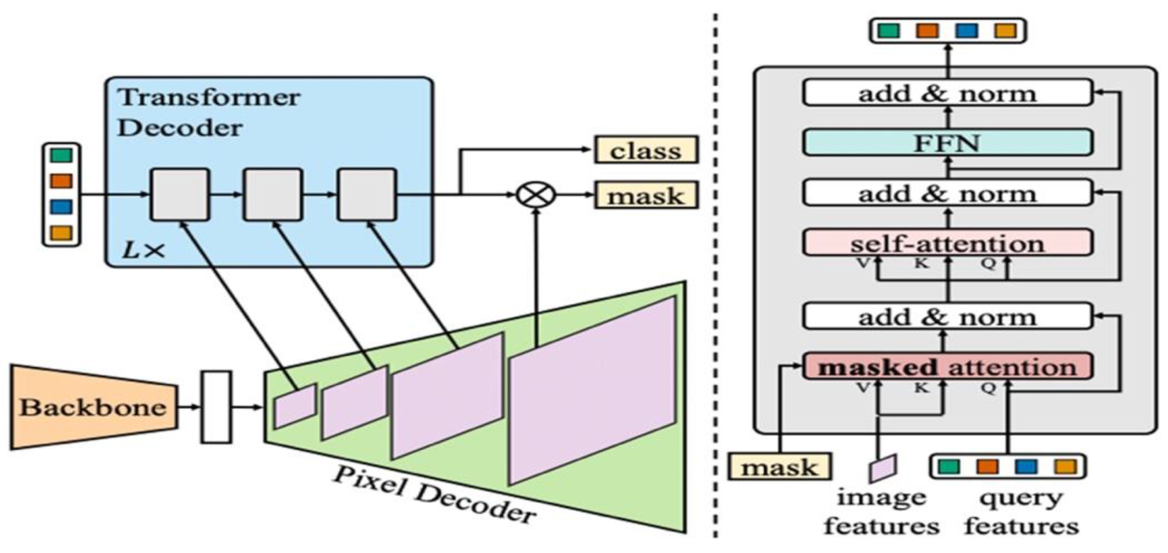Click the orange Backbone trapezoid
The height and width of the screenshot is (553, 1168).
93,407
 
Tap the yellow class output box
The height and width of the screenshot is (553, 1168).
646,150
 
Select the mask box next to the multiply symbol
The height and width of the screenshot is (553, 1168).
646,196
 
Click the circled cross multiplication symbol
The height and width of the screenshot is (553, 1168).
536,195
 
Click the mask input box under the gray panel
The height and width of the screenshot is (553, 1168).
779,467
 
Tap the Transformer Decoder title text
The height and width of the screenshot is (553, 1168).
209,112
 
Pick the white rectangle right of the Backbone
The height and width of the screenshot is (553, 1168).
216,406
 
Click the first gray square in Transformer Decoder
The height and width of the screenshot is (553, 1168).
180,195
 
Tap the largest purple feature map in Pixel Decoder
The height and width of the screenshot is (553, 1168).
592,390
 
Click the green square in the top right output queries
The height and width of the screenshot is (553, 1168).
888,30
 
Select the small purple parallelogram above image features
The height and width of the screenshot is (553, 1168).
882,468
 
